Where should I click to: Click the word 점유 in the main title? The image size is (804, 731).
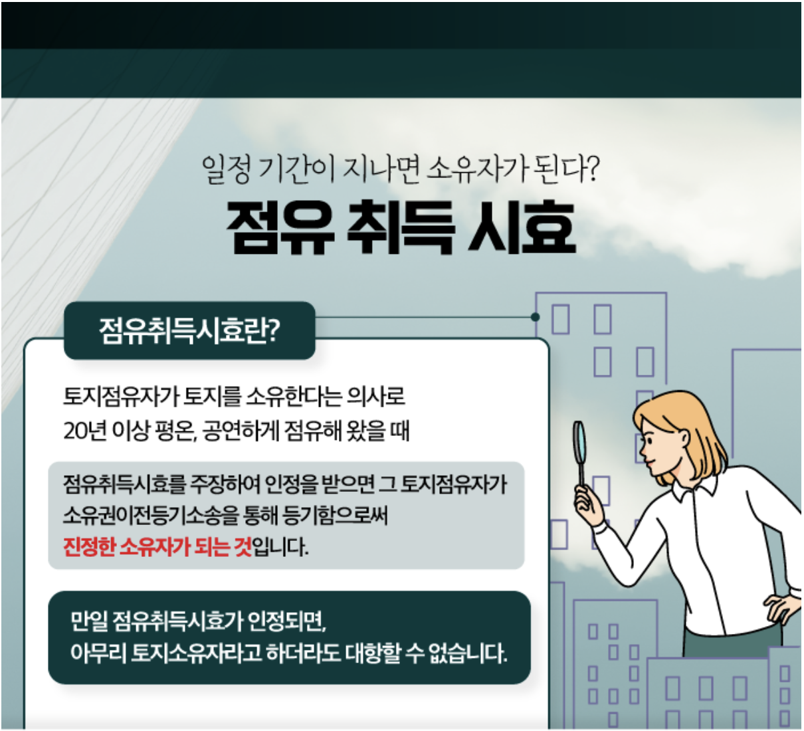(280, 228)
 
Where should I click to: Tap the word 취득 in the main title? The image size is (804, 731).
(401, 228)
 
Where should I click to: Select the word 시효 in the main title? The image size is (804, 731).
(522, 228)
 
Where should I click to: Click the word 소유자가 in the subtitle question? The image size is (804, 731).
(475, 169)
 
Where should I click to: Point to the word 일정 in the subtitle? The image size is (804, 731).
(226, 169)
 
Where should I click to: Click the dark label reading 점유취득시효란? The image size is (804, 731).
(189, 331)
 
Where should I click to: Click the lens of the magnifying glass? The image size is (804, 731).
(579, 442)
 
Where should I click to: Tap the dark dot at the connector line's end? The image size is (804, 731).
(535, 317)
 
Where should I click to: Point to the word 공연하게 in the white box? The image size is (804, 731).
(241, 431)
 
